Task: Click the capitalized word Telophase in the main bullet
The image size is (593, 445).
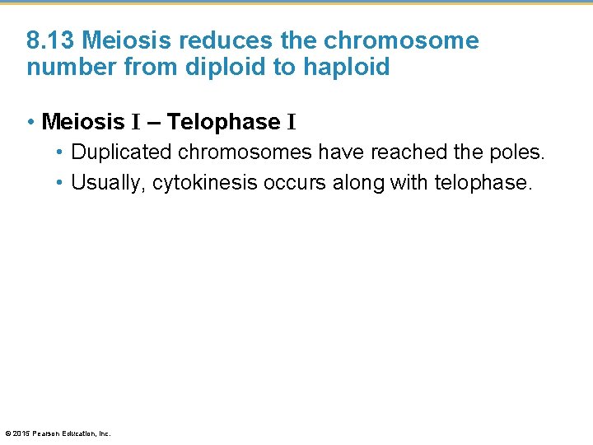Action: pyautogui.click(x=223, y=122)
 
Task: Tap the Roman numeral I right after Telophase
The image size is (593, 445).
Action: pyautogui.click(x=292, y=122)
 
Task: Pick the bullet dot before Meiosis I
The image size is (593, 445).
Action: pyautogui.click(x=30, y=122)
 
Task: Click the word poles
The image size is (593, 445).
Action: pyautogui.click(x=520, y=152)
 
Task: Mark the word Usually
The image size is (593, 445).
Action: pyautogui.click(x=106, y=182)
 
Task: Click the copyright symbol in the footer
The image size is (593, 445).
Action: pyautogui.click(x=8, y=433)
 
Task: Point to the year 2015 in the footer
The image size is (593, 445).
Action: pyautogui.click(x=21, y=433)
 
